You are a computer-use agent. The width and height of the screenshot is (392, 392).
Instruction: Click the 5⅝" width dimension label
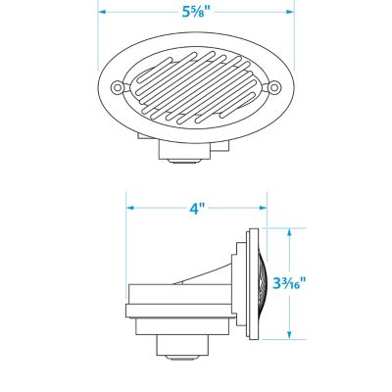point(195,12)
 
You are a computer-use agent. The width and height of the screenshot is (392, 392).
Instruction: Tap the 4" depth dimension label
point(197,208)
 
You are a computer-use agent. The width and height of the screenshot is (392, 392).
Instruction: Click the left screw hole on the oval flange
point(117,87)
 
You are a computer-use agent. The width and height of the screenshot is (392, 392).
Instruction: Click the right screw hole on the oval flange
point(274,87)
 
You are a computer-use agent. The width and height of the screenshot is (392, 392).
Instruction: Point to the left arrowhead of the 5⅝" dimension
point(102,12)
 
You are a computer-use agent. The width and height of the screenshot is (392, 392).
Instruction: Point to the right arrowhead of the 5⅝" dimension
point(290,12)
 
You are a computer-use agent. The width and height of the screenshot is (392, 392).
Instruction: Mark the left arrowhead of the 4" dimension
point(130,208)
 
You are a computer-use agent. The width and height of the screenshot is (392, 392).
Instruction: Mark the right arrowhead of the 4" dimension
point(263,208)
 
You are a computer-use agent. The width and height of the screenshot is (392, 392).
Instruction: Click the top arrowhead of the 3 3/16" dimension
point(289,232)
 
